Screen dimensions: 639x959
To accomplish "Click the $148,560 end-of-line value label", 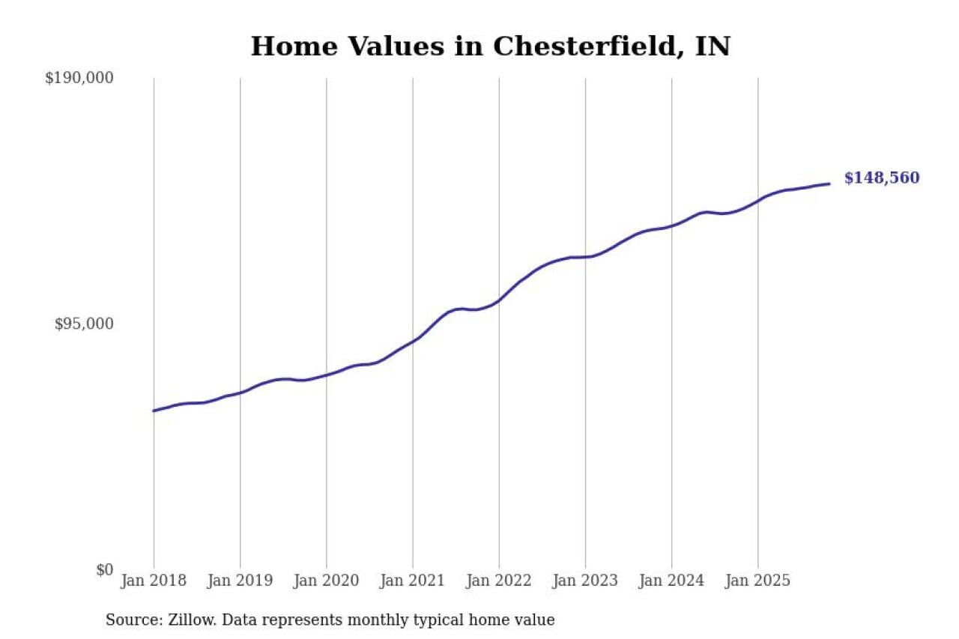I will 881,178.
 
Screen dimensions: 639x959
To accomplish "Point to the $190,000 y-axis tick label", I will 79,78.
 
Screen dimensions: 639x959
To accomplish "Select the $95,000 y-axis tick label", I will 84,324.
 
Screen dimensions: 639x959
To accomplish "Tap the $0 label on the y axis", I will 104,570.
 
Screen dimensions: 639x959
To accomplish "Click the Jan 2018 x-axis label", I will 154,581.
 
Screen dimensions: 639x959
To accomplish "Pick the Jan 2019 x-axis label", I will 240,581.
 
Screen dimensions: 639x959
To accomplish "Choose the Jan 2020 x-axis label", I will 326,581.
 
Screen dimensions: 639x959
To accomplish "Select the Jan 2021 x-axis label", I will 412,581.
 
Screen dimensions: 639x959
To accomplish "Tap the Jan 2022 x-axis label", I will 498,581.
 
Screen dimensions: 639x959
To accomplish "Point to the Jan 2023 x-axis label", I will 585,581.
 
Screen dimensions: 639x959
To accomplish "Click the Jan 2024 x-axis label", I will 671,581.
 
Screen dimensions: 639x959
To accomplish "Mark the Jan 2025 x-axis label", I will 757,581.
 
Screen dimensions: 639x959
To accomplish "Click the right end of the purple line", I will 829,184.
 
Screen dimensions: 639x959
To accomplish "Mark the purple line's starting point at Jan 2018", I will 154,411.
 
